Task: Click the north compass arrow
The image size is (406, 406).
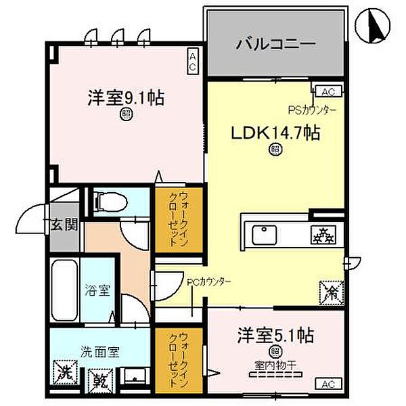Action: [375, 26]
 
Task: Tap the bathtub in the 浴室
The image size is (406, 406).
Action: [64, 291]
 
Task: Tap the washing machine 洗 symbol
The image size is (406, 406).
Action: [65, 371]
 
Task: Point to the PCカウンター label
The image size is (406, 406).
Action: [210, 281]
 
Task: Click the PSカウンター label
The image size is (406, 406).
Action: [312, 108]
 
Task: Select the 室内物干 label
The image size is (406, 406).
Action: [277, 365]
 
